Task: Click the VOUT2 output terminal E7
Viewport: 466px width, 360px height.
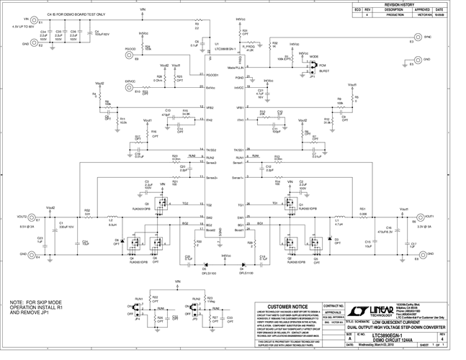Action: (x=35, y=217)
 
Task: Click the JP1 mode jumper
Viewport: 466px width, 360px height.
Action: (x=313, y=68)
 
